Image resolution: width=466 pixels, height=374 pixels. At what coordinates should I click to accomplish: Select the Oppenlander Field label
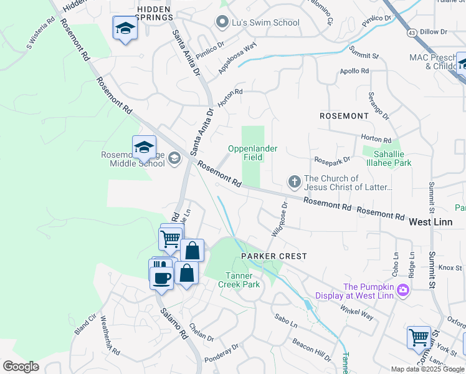pos(252,153)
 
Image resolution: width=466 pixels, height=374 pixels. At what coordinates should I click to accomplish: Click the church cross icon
pos(294,181)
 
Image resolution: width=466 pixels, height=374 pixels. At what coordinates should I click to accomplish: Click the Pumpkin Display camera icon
pos(403,289)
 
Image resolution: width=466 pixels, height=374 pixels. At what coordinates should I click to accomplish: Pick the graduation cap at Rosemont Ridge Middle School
pos(144,148)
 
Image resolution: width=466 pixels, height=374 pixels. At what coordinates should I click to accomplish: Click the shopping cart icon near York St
pos(419,337)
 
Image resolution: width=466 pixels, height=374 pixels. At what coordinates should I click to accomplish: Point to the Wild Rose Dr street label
pos(279,218)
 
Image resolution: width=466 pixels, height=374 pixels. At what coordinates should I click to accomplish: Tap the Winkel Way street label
pos(356,309)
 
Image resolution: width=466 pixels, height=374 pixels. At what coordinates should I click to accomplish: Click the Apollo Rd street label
pos(354,71)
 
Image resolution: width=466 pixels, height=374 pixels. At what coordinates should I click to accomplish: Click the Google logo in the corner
pos(21,367)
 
